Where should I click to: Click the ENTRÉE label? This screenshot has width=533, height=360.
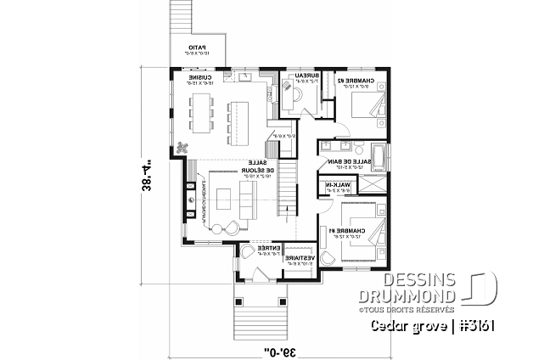point(255,250)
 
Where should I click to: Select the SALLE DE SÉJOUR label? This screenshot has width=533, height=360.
point(257,168)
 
